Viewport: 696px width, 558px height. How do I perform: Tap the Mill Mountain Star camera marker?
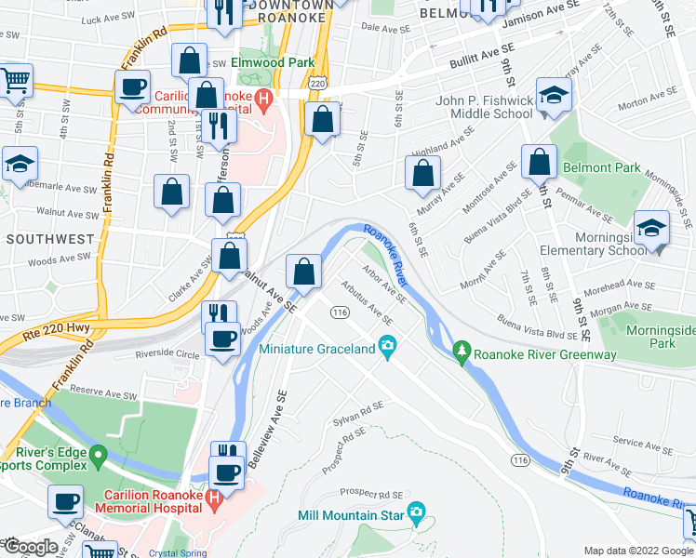click(416, 512)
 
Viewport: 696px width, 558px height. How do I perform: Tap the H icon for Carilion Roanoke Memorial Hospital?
click(215, 498)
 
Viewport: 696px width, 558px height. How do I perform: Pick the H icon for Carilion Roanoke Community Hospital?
click(263, 96)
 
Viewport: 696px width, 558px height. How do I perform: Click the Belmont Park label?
click(601, 167)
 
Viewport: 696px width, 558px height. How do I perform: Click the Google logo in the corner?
click(30, 547)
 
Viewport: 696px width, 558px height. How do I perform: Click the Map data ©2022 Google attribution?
click(637, 551)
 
